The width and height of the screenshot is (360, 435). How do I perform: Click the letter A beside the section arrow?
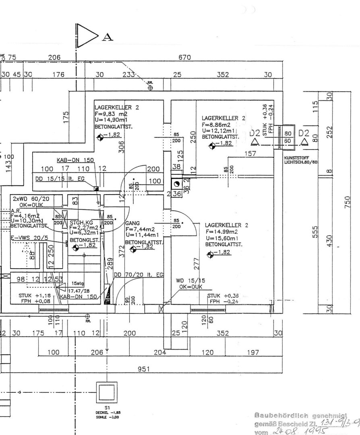(108, 37)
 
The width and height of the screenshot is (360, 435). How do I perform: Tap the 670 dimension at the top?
(184, 58)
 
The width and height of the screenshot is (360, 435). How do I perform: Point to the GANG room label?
(132, 223)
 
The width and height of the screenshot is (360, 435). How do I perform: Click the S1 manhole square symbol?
(107, 391)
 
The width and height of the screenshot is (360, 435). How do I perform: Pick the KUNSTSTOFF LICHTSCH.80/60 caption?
(300, 160)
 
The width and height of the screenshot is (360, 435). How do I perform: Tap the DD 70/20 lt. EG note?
(138, 275)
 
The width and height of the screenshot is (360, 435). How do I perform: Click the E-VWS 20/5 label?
(29, 238)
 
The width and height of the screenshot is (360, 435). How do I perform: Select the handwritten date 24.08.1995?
(289, 431)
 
